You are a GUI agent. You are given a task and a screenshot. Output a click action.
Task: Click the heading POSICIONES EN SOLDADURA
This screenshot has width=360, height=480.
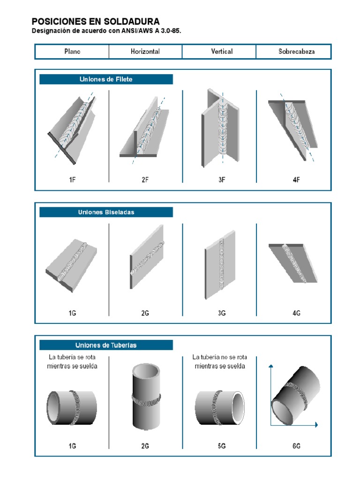coord(95,22)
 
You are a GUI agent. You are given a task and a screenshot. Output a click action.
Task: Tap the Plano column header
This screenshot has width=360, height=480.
coord(72,52)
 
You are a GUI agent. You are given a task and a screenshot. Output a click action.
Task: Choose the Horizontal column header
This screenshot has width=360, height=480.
coord(145,52)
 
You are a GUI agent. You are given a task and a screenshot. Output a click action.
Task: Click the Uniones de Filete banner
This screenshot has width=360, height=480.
coord(106,79)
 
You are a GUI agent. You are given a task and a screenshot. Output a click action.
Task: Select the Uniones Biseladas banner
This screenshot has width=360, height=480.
coord(106,212)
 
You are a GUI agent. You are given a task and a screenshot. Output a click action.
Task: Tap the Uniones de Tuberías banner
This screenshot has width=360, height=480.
coord(106,345)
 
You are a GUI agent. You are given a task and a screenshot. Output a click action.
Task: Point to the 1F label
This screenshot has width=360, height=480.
coord(72,180)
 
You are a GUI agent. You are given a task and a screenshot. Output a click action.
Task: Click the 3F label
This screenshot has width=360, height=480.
coord(222,180)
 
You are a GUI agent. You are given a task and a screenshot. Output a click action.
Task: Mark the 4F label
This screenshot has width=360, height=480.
coord(296,180)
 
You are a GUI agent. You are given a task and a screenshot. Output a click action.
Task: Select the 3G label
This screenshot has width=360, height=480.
coord(222,313)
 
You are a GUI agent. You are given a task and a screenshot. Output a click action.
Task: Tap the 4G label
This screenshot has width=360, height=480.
coord(296,313)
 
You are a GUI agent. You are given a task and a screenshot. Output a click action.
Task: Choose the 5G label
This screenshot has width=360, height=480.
coord(222,446)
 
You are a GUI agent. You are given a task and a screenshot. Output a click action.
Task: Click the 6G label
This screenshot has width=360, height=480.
coord(296,446)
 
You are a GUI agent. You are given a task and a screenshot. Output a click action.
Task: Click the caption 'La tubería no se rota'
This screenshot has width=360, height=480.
coord(220,357)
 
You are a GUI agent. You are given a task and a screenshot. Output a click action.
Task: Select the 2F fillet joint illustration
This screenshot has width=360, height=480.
coord(145,129)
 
